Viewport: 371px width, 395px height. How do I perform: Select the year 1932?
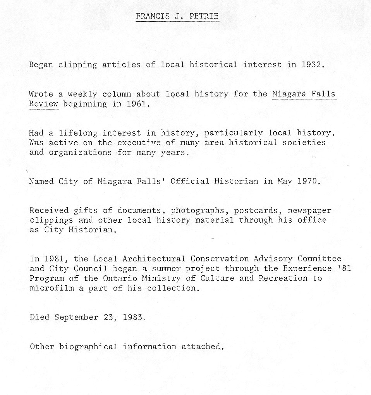pos(311,65)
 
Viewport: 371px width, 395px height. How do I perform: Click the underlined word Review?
pos(43,104)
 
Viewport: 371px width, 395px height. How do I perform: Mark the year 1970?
pos(308,181)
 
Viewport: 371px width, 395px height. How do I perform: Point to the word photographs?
pos(195,210)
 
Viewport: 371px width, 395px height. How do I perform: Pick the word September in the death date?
pos(76,318)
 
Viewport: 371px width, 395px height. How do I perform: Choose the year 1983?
pos(134,318)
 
